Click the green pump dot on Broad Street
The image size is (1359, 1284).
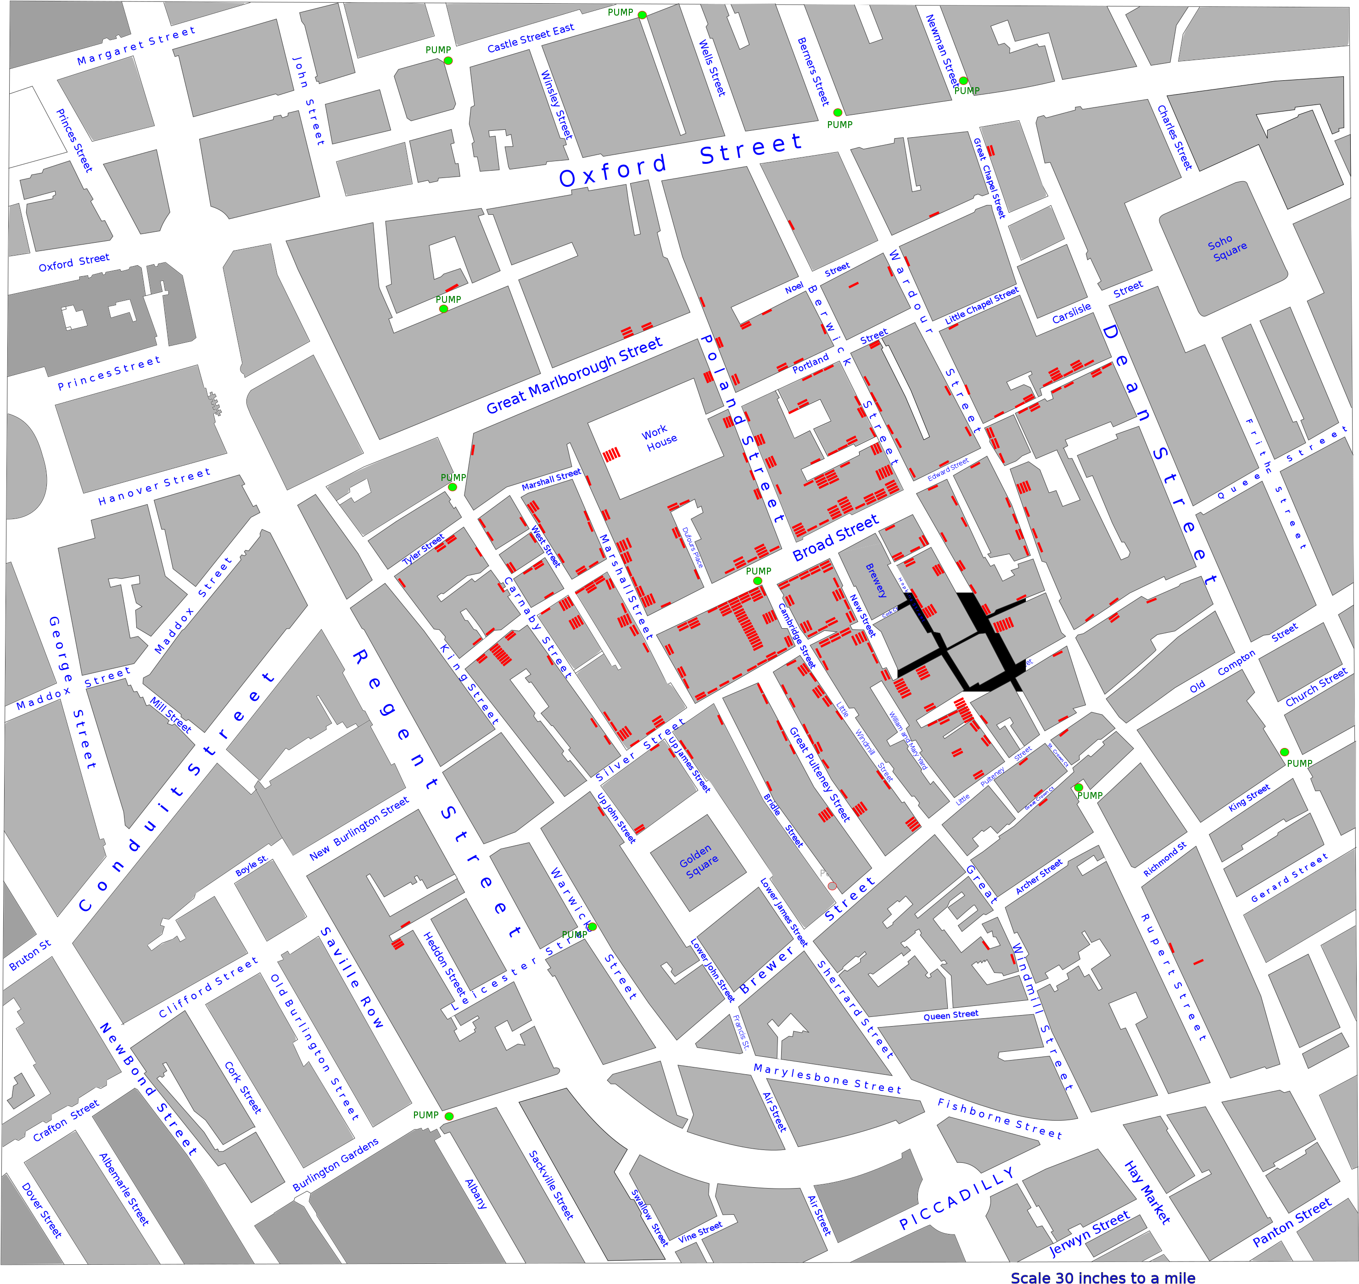tap(757, 581)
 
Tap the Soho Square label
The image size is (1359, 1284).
tap(1227, 248)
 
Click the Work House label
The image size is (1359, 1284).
tap(659, 438)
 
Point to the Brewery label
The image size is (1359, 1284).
tap(876, 581)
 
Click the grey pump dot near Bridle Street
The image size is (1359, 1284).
tap(832, 886)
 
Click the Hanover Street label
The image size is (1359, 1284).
tap(154, 486)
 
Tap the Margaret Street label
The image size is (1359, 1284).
tap(136, 46)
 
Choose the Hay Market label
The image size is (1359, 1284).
tap(1147, 1192)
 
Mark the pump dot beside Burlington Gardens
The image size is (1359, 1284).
tap(449, 1117)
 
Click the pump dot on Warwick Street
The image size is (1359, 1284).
tap(592, 927)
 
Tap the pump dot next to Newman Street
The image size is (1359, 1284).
tap(962, 81)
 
